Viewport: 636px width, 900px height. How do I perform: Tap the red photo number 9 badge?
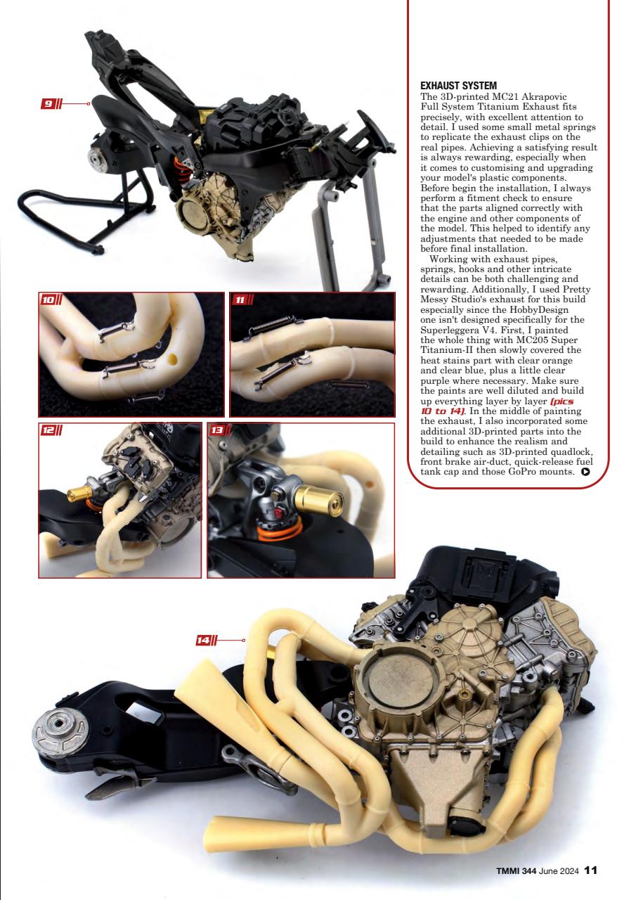pos(48,104)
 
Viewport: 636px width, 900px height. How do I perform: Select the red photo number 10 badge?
pos(48,300)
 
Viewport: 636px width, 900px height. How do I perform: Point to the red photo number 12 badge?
pos(48,429)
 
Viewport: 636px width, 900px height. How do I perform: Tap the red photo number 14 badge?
pos(204,640)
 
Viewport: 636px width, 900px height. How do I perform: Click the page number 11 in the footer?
pos(590,870)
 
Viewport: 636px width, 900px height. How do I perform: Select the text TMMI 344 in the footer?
pos(517,870)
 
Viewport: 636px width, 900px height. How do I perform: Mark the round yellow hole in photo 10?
pos(172,361)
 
